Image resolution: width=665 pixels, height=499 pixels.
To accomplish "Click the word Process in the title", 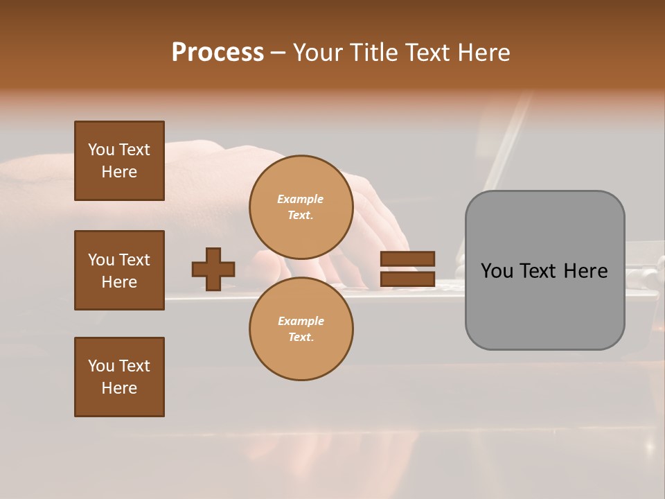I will coord(218,53).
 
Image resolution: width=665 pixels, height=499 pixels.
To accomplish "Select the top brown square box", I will coord(119,161).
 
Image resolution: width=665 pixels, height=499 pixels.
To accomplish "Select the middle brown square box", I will coord(119,270).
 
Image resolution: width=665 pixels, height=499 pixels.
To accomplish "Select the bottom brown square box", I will coord(119,377).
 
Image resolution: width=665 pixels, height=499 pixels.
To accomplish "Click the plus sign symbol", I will coord(213,269).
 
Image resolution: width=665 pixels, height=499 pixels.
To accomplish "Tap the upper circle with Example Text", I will coord(301,207).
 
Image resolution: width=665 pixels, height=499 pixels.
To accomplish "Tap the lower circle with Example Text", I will coord(301,329).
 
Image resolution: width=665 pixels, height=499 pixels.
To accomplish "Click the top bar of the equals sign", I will coord(407,259).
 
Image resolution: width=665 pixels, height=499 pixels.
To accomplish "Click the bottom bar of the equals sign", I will coord(407,279).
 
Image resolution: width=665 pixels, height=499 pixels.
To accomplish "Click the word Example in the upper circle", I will coord(301,199).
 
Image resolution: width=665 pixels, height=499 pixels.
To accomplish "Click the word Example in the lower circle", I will coord(301,321).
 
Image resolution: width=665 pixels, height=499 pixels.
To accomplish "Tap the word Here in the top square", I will coord(119,172).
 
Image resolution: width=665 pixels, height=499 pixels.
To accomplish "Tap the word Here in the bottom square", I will coord(119,388).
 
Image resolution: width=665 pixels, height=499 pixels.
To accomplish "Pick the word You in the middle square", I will coord(100,260).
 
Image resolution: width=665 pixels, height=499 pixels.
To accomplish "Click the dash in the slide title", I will coord(278,53).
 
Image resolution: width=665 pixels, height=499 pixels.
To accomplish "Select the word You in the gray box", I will coord(497,271).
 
